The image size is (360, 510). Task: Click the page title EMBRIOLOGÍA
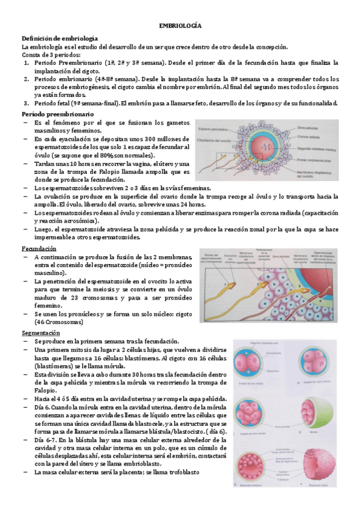pyautogui.click(x=180, y=26)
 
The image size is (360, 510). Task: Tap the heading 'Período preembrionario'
pyautogui.click(x=57, y=114)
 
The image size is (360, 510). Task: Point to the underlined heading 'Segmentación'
pyautogui.click(x=41, y=332)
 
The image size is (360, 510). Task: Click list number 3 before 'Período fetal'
pyautogui.click(x=26, y=102)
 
